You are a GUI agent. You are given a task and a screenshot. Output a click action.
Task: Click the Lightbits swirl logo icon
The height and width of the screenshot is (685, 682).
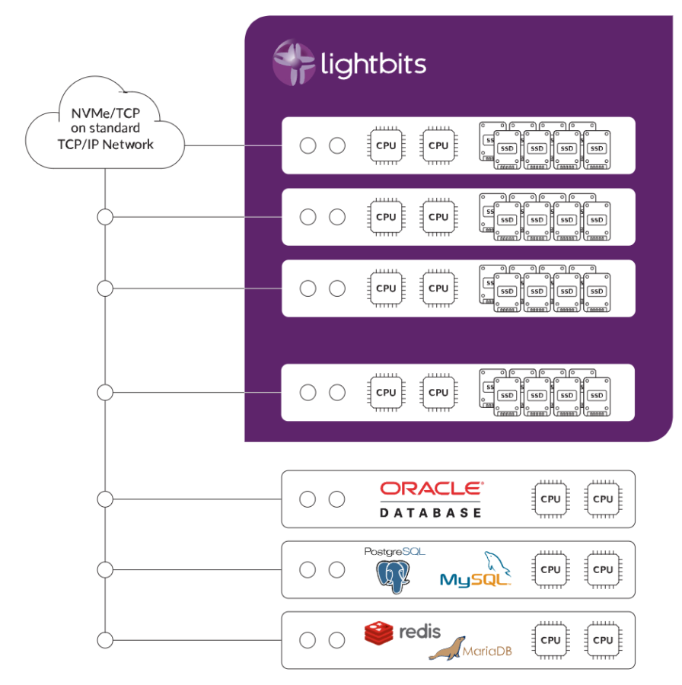pyautogui.click(x=294, y=62)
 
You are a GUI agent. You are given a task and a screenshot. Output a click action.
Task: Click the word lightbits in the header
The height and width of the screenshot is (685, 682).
pyautogui.click(x=372, y=64)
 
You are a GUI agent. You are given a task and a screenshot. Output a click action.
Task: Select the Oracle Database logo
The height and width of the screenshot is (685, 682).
pyautogui.click(x=431, y=499)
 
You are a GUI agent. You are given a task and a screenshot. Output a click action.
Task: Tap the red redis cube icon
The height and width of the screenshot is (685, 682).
pyautogui.click(x=378, y=632)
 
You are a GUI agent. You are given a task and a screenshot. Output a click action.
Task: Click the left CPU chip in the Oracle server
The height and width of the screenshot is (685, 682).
pyautogui.click(x=550, y=499)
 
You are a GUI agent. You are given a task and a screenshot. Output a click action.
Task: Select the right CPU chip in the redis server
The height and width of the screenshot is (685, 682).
pyautogui.click(x=603, y=640)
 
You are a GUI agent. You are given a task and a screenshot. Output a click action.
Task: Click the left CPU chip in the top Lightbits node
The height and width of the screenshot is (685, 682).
pyautogui.click(x=386, y=145)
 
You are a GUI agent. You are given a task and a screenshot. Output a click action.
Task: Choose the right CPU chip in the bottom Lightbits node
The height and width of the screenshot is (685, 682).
pyautogui.click(x=438, y=392)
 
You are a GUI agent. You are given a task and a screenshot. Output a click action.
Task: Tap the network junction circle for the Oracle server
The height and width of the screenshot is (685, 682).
pyautogui.click(x=105, y=499)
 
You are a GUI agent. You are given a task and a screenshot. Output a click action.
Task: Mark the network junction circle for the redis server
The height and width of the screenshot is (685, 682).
pyautogui.click(x=105, y=640)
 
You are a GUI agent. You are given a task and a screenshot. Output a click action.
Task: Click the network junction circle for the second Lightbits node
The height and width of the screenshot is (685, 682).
pyautogui.click(x=105, y=218)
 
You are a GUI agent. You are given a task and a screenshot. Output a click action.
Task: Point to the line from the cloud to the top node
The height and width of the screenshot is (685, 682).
pyautogui.click(x=232, y=145)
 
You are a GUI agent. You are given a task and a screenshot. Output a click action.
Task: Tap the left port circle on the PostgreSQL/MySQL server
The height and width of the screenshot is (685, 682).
pyautogui.click(x=308, y=569)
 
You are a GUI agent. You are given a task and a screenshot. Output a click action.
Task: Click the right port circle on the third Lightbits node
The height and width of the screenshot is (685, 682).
pyautogui.click(x=336, y=288)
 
